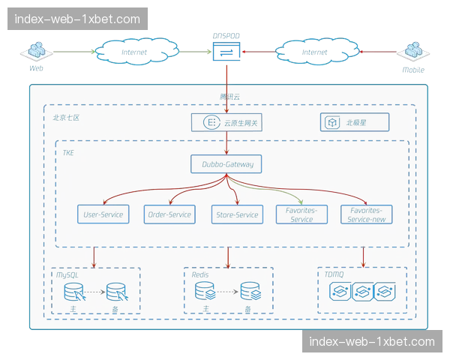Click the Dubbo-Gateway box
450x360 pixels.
[x=226, y=163]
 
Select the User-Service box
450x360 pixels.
[x=103, y=214]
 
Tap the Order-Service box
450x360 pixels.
[x=169, y=214]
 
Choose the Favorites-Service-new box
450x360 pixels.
[x=365, y=214]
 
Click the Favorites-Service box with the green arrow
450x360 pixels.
[x=301, y=214]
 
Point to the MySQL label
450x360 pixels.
[x=67, y=275]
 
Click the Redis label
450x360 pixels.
[x=199, y=275]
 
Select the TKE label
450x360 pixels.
[x=68, y=153]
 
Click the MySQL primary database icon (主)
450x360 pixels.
[x=74, y=292]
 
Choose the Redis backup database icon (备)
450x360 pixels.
[x=249, y=292]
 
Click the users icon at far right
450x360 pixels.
[x=412, y=52]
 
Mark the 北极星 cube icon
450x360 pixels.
[x=331, y=121]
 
